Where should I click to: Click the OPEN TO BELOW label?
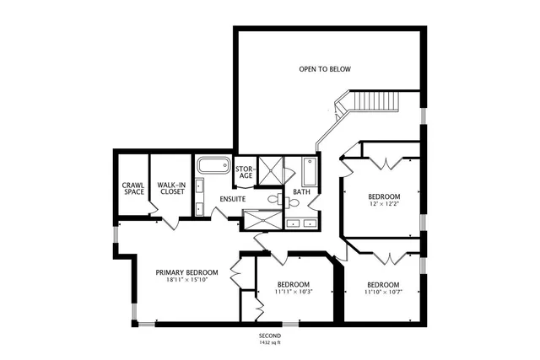click(325, 69)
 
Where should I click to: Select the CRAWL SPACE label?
click(133, 188)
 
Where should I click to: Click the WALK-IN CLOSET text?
click(172, 188)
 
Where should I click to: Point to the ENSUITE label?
click(232, 199)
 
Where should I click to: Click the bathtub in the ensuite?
click(213, 164)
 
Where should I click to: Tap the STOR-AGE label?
click(245, 171)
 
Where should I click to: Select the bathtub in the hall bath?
click(309, 172)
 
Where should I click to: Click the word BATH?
click(301, 192)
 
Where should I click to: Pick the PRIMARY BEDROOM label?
click(187, 272)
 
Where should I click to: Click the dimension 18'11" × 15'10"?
click(187, 280)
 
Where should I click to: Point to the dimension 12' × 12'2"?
click(384, 204)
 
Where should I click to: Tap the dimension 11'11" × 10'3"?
click(294, 293)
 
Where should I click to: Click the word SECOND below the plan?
click(270, 336)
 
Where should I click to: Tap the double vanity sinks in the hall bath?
click(301, 223)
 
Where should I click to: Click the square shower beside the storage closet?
click(270, 169)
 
